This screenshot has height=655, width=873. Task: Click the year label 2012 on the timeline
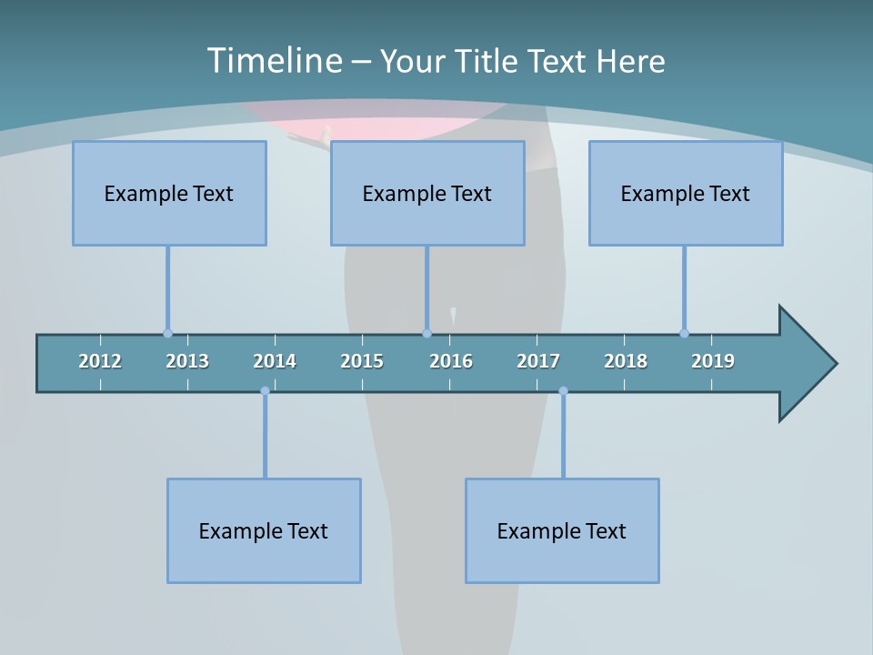100,361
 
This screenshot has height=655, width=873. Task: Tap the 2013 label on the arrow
187,361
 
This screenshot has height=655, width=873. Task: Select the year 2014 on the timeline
275,361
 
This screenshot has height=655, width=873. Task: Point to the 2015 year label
362,361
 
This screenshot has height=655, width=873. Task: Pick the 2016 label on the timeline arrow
451,361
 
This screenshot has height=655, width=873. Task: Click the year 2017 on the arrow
538,361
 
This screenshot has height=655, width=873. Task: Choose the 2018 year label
626,361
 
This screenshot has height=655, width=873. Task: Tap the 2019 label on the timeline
713,361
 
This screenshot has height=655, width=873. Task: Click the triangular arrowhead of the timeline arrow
806,364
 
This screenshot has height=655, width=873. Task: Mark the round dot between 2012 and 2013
167,333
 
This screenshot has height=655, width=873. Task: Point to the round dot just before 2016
426,333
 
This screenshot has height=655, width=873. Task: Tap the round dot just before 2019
684,333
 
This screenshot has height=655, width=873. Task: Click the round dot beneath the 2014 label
265,391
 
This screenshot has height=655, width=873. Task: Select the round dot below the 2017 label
563,391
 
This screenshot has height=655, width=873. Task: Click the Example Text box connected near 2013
169,193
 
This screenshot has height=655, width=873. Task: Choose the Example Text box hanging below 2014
264,530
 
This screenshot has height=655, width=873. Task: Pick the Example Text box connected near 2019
686,193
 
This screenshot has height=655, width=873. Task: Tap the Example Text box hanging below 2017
562,530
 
